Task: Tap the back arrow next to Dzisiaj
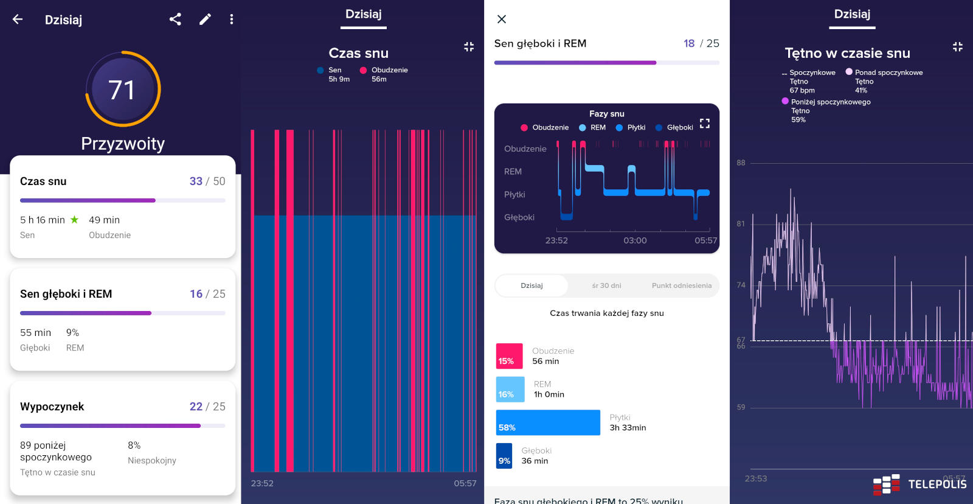[18, 19]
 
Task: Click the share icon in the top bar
[175, 19]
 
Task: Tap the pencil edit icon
[205, 19]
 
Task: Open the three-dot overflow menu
[231, 19]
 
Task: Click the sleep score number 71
[122, 90]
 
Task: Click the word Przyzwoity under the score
[123, 144]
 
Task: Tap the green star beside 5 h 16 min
[74, 220]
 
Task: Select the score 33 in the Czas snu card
[196, 181]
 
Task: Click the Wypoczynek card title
[52, 407]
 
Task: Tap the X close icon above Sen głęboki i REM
[502, 19]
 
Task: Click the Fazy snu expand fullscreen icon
[705, 124]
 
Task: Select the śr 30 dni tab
[606, 285]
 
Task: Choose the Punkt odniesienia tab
[681, 285]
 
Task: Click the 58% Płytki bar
[548, 422]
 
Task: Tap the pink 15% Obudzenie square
[509, 356]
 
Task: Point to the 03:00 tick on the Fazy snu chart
[635, 240]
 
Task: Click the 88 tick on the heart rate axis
[741, 163]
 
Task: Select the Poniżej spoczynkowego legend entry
[830, 102]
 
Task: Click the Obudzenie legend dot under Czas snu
[363, 71]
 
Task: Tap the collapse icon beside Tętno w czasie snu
[957, 47]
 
